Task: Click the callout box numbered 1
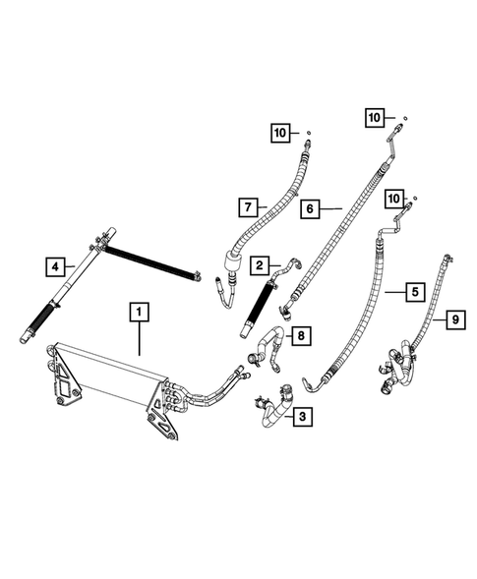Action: click(140, 315)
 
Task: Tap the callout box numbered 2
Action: click(260, 265)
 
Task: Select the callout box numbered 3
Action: click(301, 419)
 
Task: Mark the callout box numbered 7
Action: click(248, 207)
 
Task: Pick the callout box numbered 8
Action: click(301, 336)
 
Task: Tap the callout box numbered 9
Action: click(453, 318)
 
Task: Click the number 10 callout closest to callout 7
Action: click(280, 133)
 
